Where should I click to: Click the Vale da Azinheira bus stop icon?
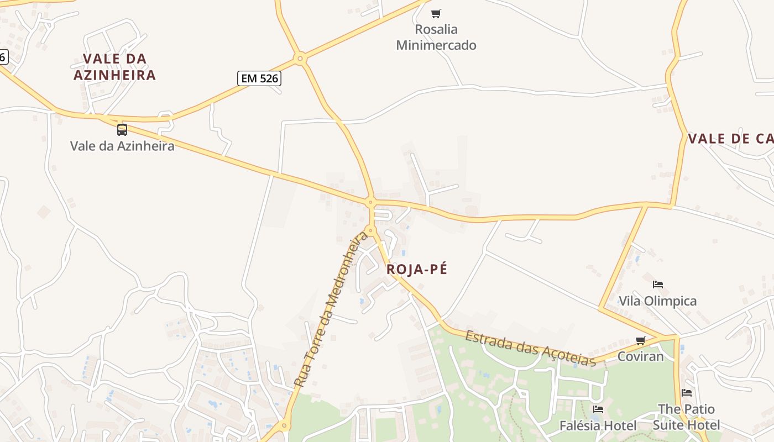(x=122, y=130)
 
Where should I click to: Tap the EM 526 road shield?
(x=259, y=78)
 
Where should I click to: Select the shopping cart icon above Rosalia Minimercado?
(x=436, y=13)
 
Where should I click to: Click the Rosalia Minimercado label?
(x=436, y=37)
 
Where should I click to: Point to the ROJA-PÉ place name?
(x=417, y=270)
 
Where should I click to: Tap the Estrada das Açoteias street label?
(x=530, y=348)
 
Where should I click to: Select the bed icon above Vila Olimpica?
(x=657, y=285)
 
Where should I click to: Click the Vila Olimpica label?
(x=657, y=301)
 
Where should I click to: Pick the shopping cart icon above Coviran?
(x=640, y=340)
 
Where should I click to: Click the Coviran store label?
(x=640, y=356)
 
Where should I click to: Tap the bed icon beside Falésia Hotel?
(x=598, y=409)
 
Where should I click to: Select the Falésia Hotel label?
(x=598, y=425)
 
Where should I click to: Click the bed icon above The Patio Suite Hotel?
(x=687, y=393)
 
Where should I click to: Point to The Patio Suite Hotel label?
(x=687, y=417)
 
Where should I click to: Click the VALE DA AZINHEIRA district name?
(x=115, y=67)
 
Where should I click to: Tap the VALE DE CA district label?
(x=730, y=139)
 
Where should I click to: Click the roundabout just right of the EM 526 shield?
(x=300, y=57)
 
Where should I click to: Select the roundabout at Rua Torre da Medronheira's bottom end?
(x=284, y=425)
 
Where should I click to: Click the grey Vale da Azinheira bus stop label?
(x=122, y=146)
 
